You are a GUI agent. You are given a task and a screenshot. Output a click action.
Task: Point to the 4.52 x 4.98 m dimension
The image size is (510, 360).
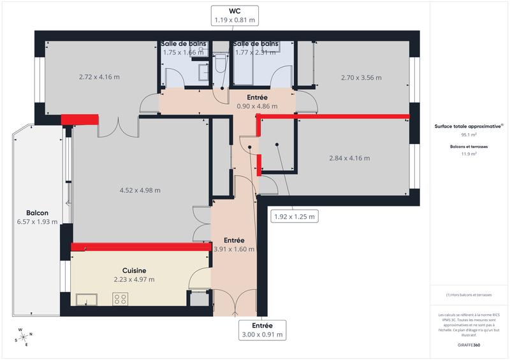tap(140, 190)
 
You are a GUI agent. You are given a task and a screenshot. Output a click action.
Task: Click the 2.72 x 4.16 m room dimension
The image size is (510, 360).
tap(99, 77)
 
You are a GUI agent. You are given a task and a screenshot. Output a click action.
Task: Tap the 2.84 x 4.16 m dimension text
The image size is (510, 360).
tap(349, 158)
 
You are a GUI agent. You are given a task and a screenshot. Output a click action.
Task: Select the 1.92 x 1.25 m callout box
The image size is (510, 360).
tap(294, 216)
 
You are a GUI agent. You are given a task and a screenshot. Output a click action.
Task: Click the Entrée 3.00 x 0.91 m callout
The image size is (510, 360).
tap(262, 329)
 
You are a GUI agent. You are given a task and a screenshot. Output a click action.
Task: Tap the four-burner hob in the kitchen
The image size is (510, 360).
tap(120, 298)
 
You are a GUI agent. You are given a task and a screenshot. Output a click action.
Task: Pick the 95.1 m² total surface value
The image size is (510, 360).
tap(469, 135)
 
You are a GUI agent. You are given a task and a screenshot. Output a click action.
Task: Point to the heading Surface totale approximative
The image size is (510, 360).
tap(469, 126)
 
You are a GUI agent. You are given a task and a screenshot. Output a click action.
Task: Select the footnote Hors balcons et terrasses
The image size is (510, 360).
tap(469, 295)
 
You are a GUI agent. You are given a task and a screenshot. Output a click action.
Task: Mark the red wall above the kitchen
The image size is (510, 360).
tap(140, 247)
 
